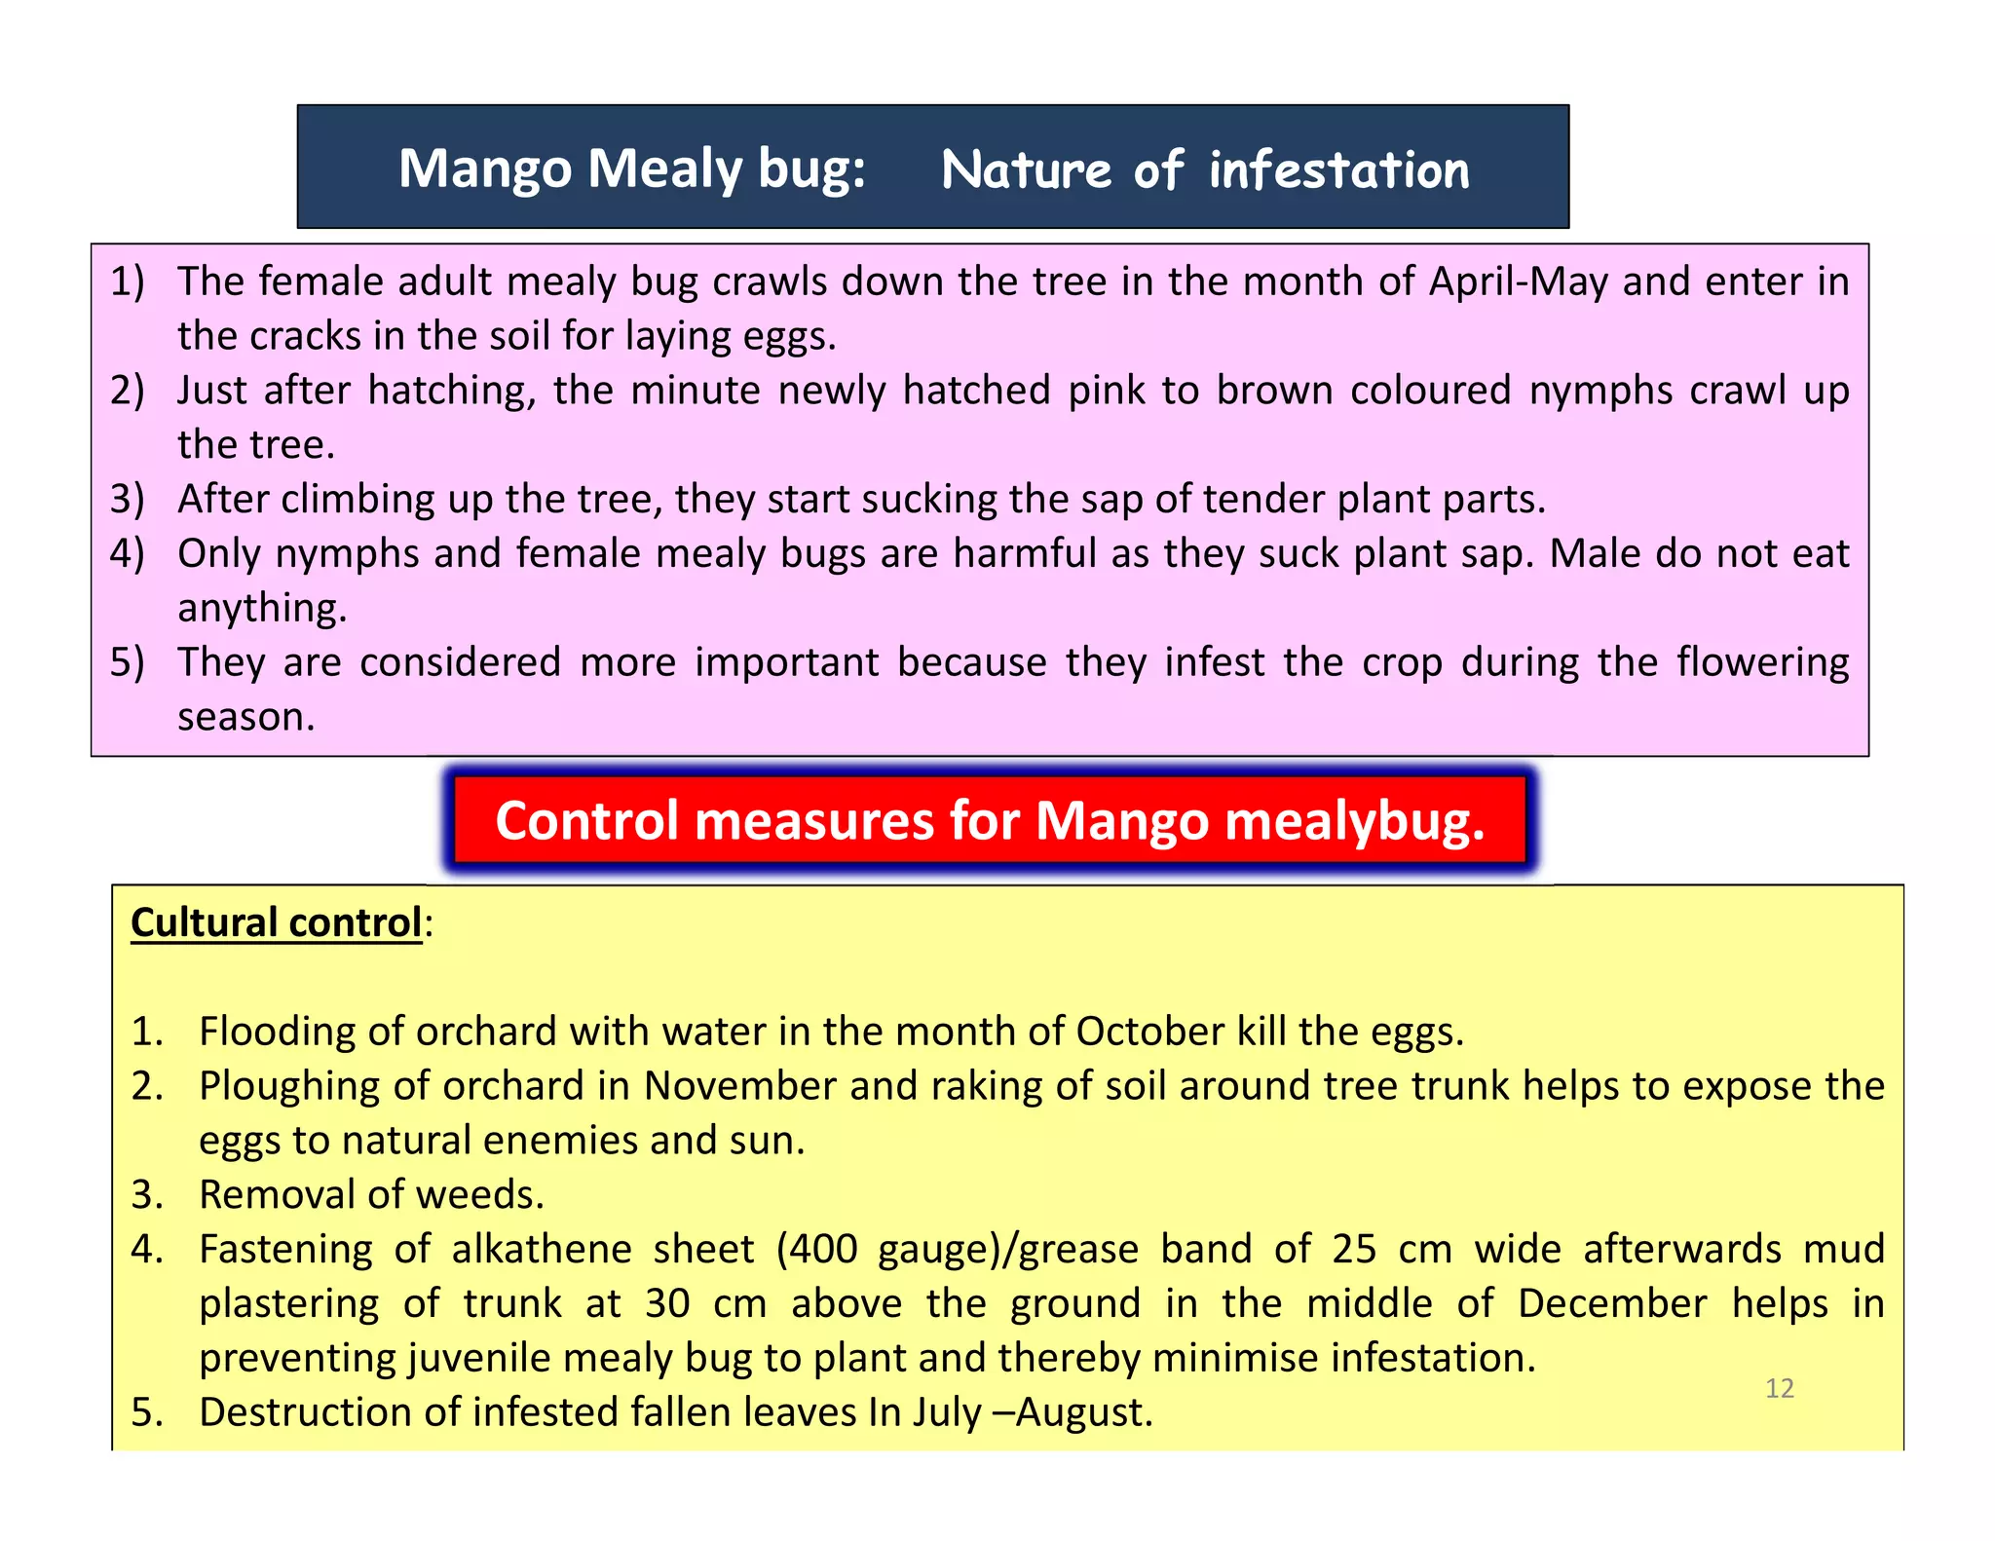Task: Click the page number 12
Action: (1779, 1388)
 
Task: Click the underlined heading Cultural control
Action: (276, 922)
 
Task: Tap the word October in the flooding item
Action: (1149, 1032)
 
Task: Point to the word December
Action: (1611, 1303)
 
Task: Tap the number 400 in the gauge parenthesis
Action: (823, 1250)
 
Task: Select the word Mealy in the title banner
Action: (665, 169)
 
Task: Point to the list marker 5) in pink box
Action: (127, 662)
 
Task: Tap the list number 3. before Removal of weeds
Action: (147, 1195)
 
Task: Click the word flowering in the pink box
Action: (1762, 662)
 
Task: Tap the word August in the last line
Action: (1083, 1412)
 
